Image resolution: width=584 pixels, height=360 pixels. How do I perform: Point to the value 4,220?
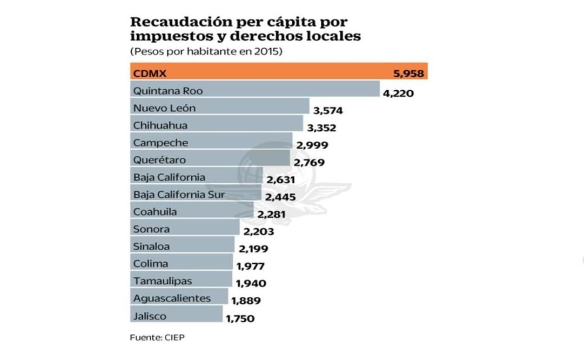pos(398,94)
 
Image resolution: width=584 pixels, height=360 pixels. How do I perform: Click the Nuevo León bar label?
pos(164,108)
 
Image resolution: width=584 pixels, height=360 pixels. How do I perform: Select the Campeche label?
pos(160,143)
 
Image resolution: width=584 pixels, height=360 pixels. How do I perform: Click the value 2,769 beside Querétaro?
pos(310,162)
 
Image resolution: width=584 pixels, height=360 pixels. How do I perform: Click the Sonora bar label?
pos(151,229)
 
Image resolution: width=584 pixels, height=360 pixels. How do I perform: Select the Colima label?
pos(150,264)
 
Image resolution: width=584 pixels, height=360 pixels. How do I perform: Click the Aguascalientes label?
pos(172,298)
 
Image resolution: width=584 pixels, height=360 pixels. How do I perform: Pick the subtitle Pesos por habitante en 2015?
pos(206,52)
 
